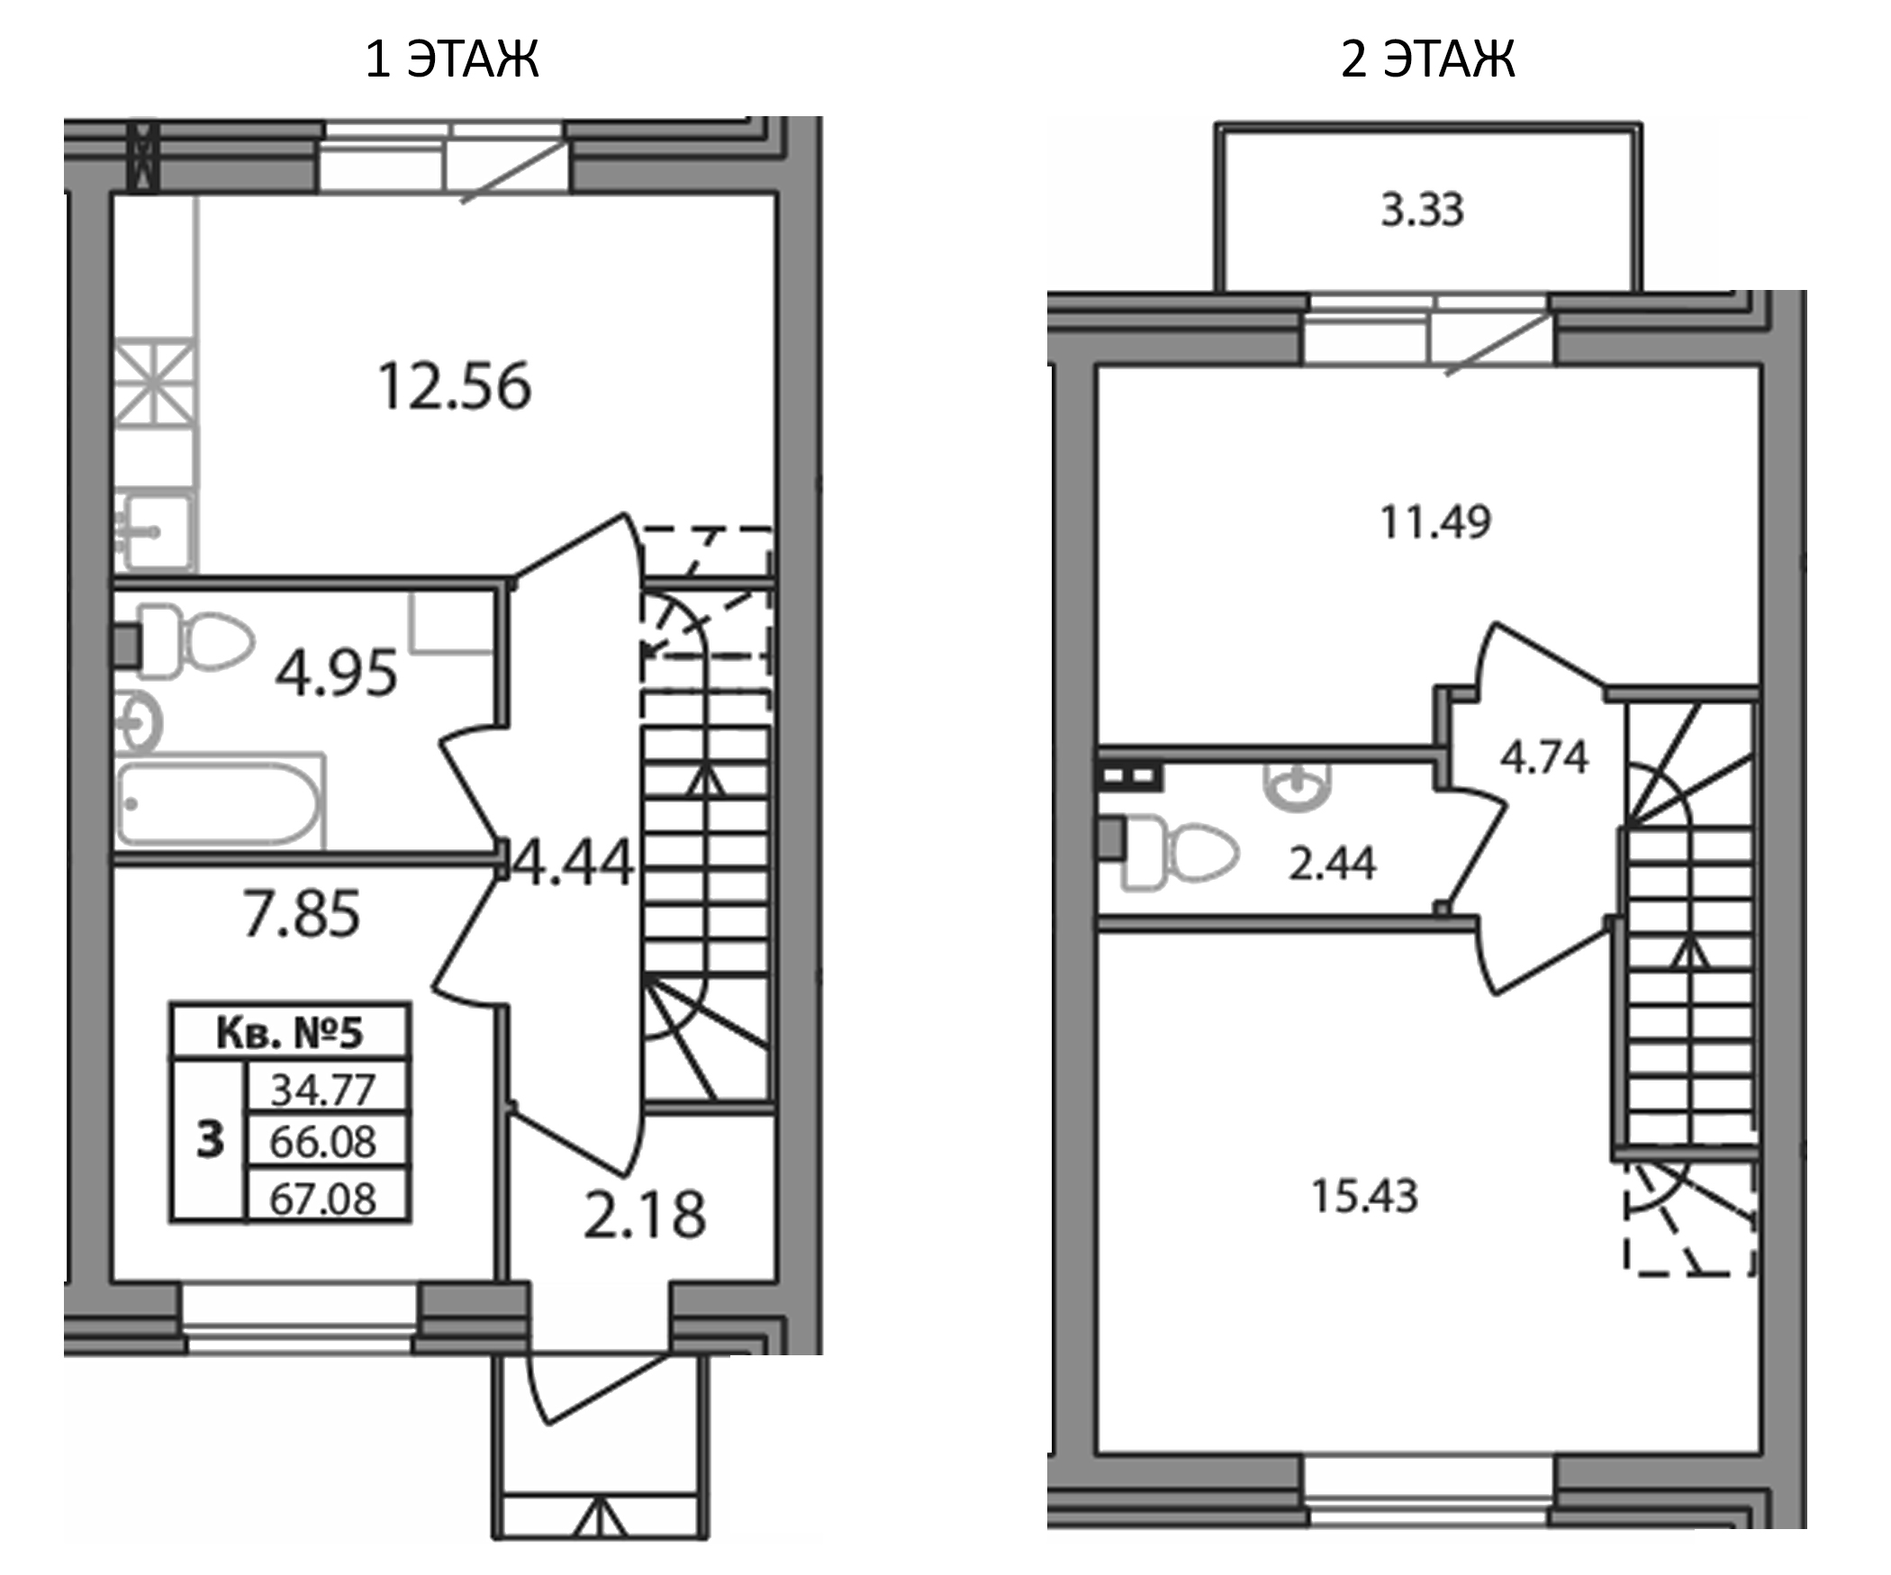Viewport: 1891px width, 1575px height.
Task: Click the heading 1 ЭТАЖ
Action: pyautogui.click(x=452, y=59)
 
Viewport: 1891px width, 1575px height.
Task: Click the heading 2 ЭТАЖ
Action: pyautogui.click(x=1428, y=59)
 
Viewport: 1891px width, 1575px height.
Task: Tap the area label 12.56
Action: pyautogui.click(x=455, y=387)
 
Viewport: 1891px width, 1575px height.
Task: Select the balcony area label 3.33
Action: pyautogui.click(x=1423, y=210)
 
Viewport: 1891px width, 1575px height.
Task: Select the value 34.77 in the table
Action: pyautogui.click(x=323, y=1091)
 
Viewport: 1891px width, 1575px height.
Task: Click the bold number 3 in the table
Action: pyautogui.click(x=210, y=1141)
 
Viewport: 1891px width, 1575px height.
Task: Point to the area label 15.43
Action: pyautogui.click(x=1365, y=1197)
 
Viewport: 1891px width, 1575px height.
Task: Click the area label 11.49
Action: pyautogui.click(x=1435, y=522)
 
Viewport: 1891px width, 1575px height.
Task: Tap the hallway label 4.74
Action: pyautogui.click(x=1544, y=757)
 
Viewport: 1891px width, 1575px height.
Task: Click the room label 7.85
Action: pyautogui.click(x=302, y=914)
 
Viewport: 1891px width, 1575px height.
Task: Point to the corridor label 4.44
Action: pyautogui.click(x=573, y=863)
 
